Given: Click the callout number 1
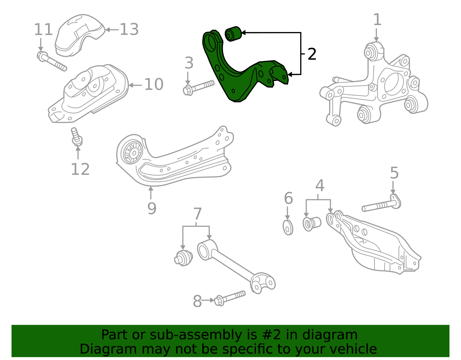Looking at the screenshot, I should pyautogui.click(x=377, y=20).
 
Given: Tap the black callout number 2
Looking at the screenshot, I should pyautogui.click(x=312, y=54).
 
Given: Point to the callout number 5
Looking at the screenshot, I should pyautogui.click(x=394, y=173).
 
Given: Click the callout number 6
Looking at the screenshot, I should pyautogui.click(x=288, y=198).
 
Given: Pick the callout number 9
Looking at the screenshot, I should pyautogui.click(x=152, y=208).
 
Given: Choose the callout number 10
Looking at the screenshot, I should pyautogui.click(x=154, y=84).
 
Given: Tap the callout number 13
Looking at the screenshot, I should pyautogui.click(x=129, y=29).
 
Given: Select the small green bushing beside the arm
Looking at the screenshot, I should pyautogui.click(x=233, y=34).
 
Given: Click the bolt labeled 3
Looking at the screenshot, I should pyautogui.click(x=199, y=87).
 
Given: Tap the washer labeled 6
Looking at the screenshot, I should pyautogui.click(x=288, y=227).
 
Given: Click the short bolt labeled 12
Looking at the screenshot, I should pyautogui.click(x=76, y=137).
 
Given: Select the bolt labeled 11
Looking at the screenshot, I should pyautogui.click(x=52, y=61).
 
